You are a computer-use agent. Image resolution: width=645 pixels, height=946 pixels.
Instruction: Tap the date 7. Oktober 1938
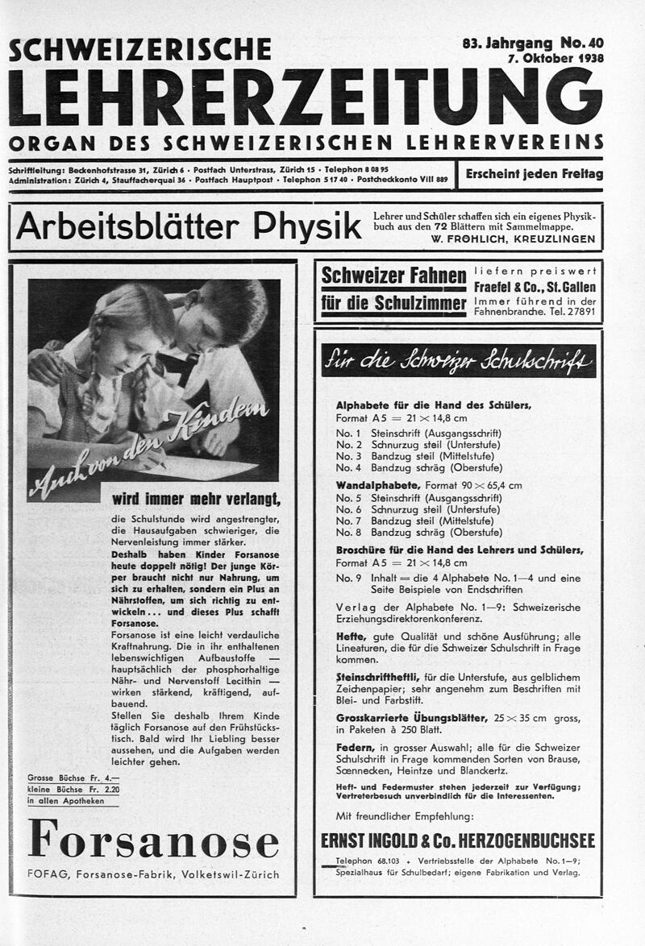point(555,58)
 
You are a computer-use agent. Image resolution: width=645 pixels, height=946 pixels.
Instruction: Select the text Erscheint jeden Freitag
point(534,174)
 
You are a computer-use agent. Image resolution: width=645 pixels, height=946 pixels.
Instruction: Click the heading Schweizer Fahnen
point(393,276)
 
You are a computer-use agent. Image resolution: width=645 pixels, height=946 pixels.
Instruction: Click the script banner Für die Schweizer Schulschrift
point(458,361)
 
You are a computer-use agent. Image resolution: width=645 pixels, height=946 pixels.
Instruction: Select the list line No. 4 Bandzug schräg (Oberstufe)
point(418,467)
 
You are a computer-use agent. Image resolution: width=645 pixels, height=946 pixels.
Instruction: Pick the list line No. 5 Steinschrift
point(418,498)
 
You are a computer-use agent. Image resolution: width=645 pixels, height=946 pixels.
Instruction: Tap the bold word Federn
point(354,747)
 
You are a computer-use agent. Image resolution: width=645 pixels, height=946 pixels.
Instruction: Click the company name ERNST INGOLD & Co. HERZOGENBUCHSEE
point(458,840)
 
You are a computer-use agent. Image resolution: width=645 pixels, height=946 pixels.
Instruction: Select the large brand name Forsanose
point(153,839)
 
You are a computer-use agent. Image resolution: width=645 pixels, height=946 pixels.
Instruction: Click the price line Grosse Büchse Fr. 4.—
point(73,778)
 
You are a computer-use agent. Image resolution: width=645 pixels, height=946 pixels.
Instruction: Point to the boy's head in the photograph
point(222,314)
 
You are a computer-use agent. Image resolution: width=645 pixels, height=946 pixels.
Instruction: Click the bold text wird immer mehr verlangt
point(196,498)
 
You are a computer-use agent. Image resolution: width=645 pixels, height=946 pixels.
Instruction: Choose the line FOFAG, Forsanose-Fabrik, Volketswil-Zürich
point(153,874)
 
